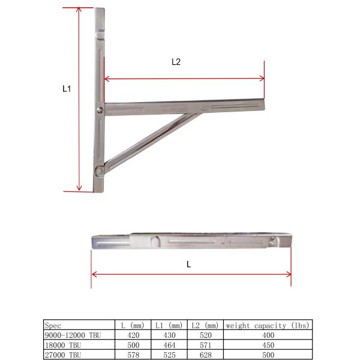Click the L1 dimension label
(67, 88)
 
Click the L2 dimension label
(176, 61)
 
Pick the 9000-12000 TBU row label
(71, 334)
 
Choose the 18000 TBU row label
(62, 344)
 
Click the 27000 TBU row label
(62, 355)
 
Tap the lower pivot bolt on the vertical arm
(98, 170)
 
